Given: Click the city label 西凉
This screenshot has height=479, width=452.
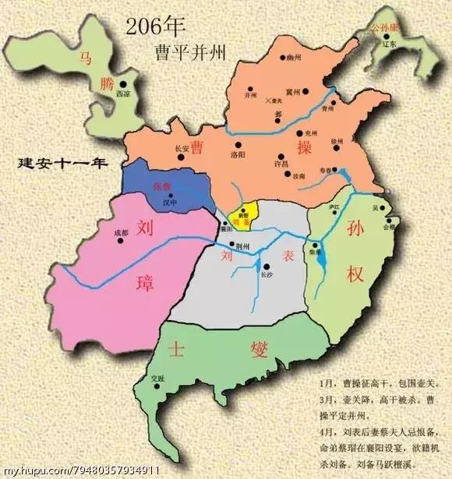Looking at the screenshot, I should click(x=123, y=94).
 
